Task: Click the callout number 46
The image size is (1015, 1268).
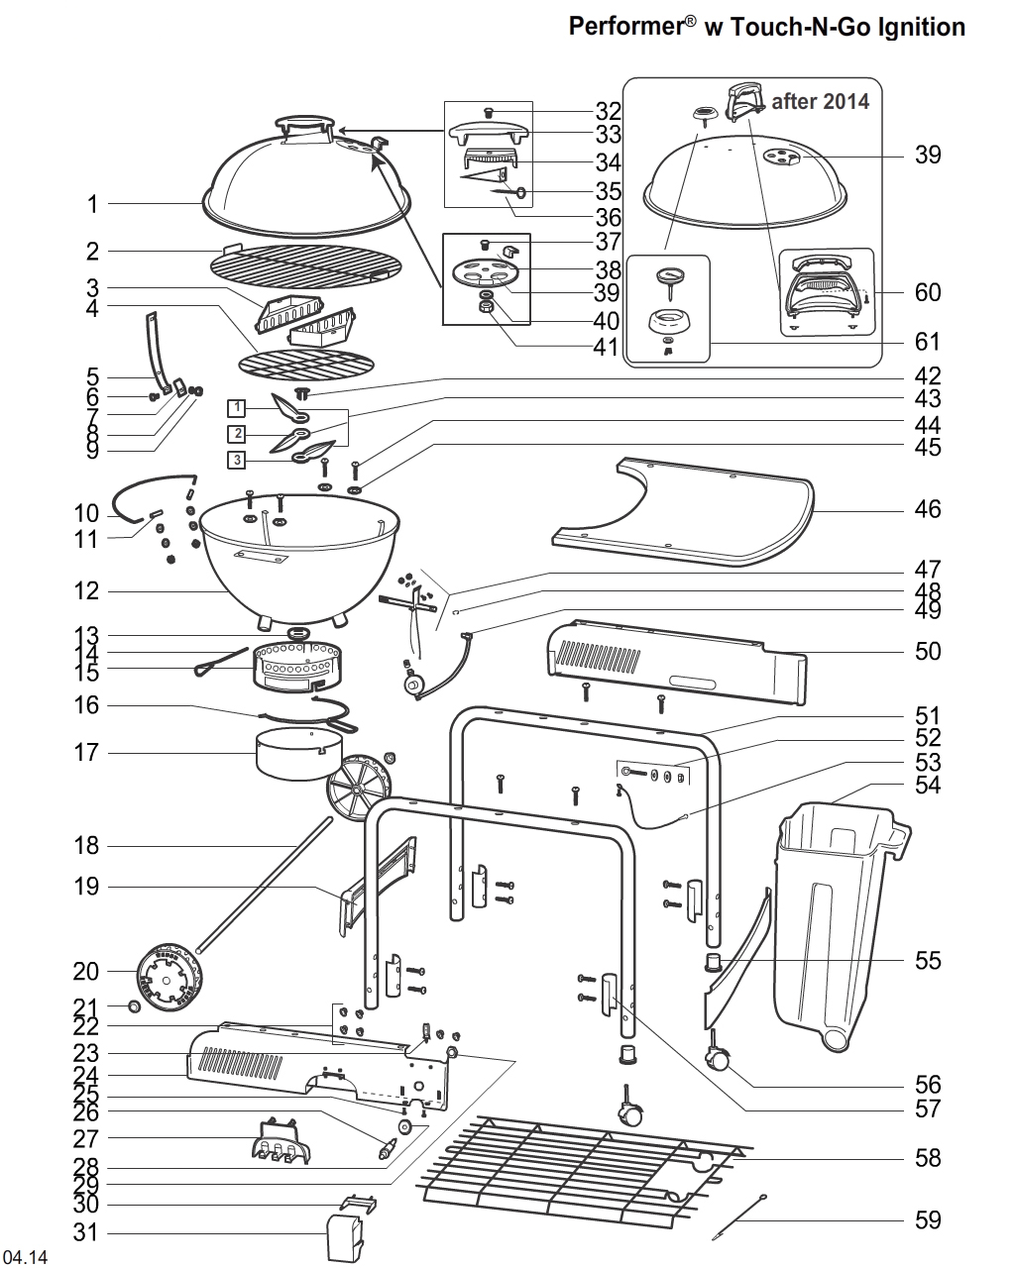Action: [927, 510]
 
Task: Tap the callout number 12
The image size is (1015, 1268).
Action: [86, 592]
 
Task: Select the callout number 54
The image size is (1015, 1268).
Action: [927, 786]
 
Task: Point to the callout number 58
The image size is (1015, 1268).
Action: [927, 1158]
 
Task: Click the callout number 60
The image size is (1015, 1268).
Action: [927, 293]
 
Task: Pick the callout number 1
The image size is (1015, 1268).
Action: [92, 205]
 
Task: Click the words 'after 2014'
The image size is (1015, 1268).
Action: [820, 101]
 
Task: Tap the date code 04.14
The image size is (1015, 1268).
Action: [26, 1258]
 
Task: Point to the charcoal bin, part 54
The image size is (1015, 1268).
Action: [833, 911]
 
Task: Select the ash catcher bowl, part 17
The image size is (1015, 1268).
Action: [291, 754]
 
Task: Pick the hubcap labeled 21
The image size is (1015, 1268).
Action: [134, 1007]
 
